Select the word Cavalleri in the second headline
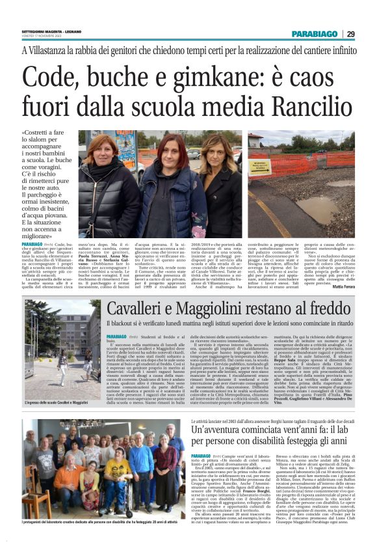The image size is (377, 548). point(142,310)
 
